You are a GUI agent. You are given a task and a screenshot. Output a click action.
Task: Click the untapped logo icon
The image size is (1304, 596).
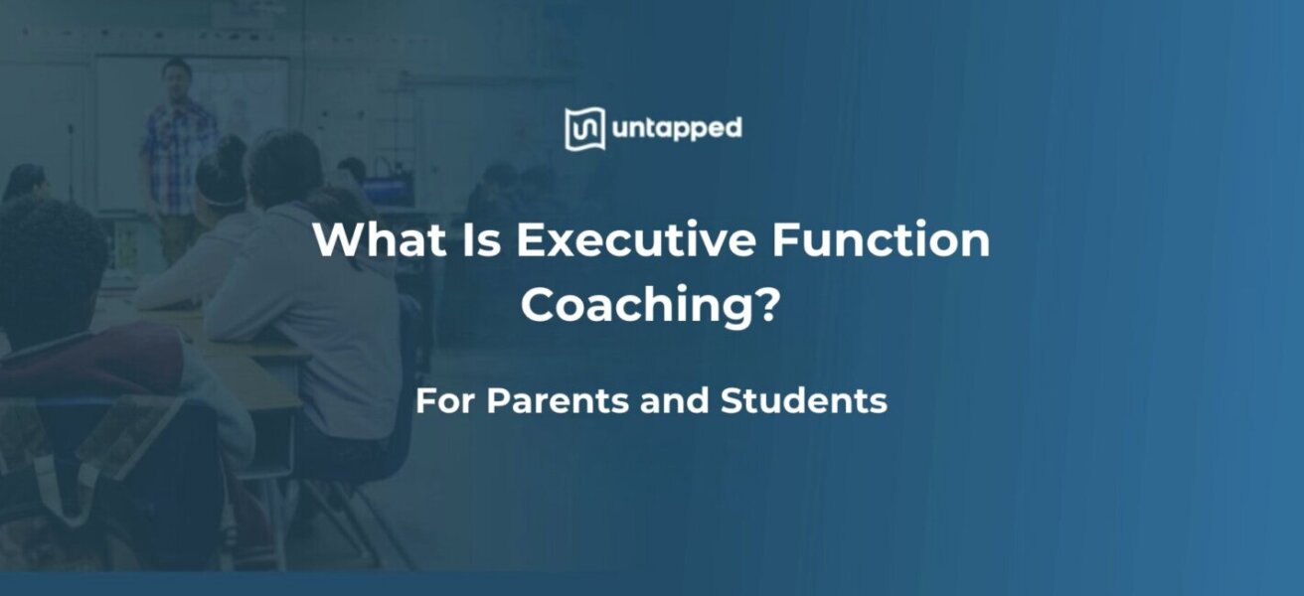[x=584, y=129]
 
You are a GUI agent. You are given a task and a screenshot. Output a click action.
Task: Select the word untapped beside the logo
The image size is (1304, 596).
[x=677, y=129]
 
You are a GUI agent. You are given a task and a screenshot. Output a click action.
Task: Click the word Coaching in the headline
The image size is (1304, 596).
[x=633, y=306]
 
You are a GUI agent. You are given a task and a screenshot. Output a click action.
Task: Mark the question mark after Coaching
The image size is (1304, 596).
[x=763, y=305]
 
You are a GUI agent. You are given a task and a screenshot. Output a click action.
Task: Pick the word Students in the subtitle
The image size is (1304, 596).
[x=803, y=401]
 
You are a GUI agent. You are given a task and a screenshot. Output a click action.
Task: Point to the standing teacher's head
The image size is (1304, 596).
[x=177, y=76]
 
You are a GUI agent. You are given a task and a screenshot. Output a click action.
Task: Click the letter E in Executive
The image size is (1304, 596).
[x=530, y=241]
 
